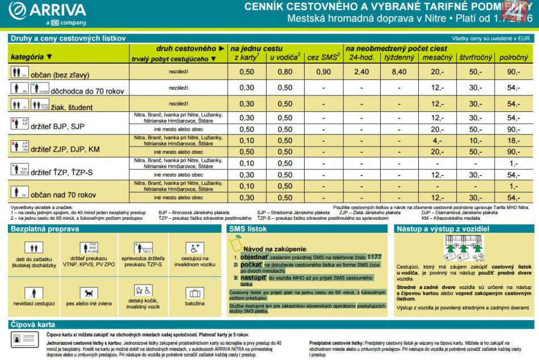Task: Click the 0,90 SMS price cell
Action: coord(323,72)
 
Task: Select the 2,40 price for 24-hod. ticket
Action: coord(361,72)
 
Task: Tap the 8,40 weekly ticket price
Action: coord(399,72)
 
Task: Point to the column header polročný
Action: coord(513,57)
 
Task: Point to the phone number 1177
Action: coord(374,257)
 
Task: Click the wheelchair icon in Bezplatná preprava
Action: coord(195,248)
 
